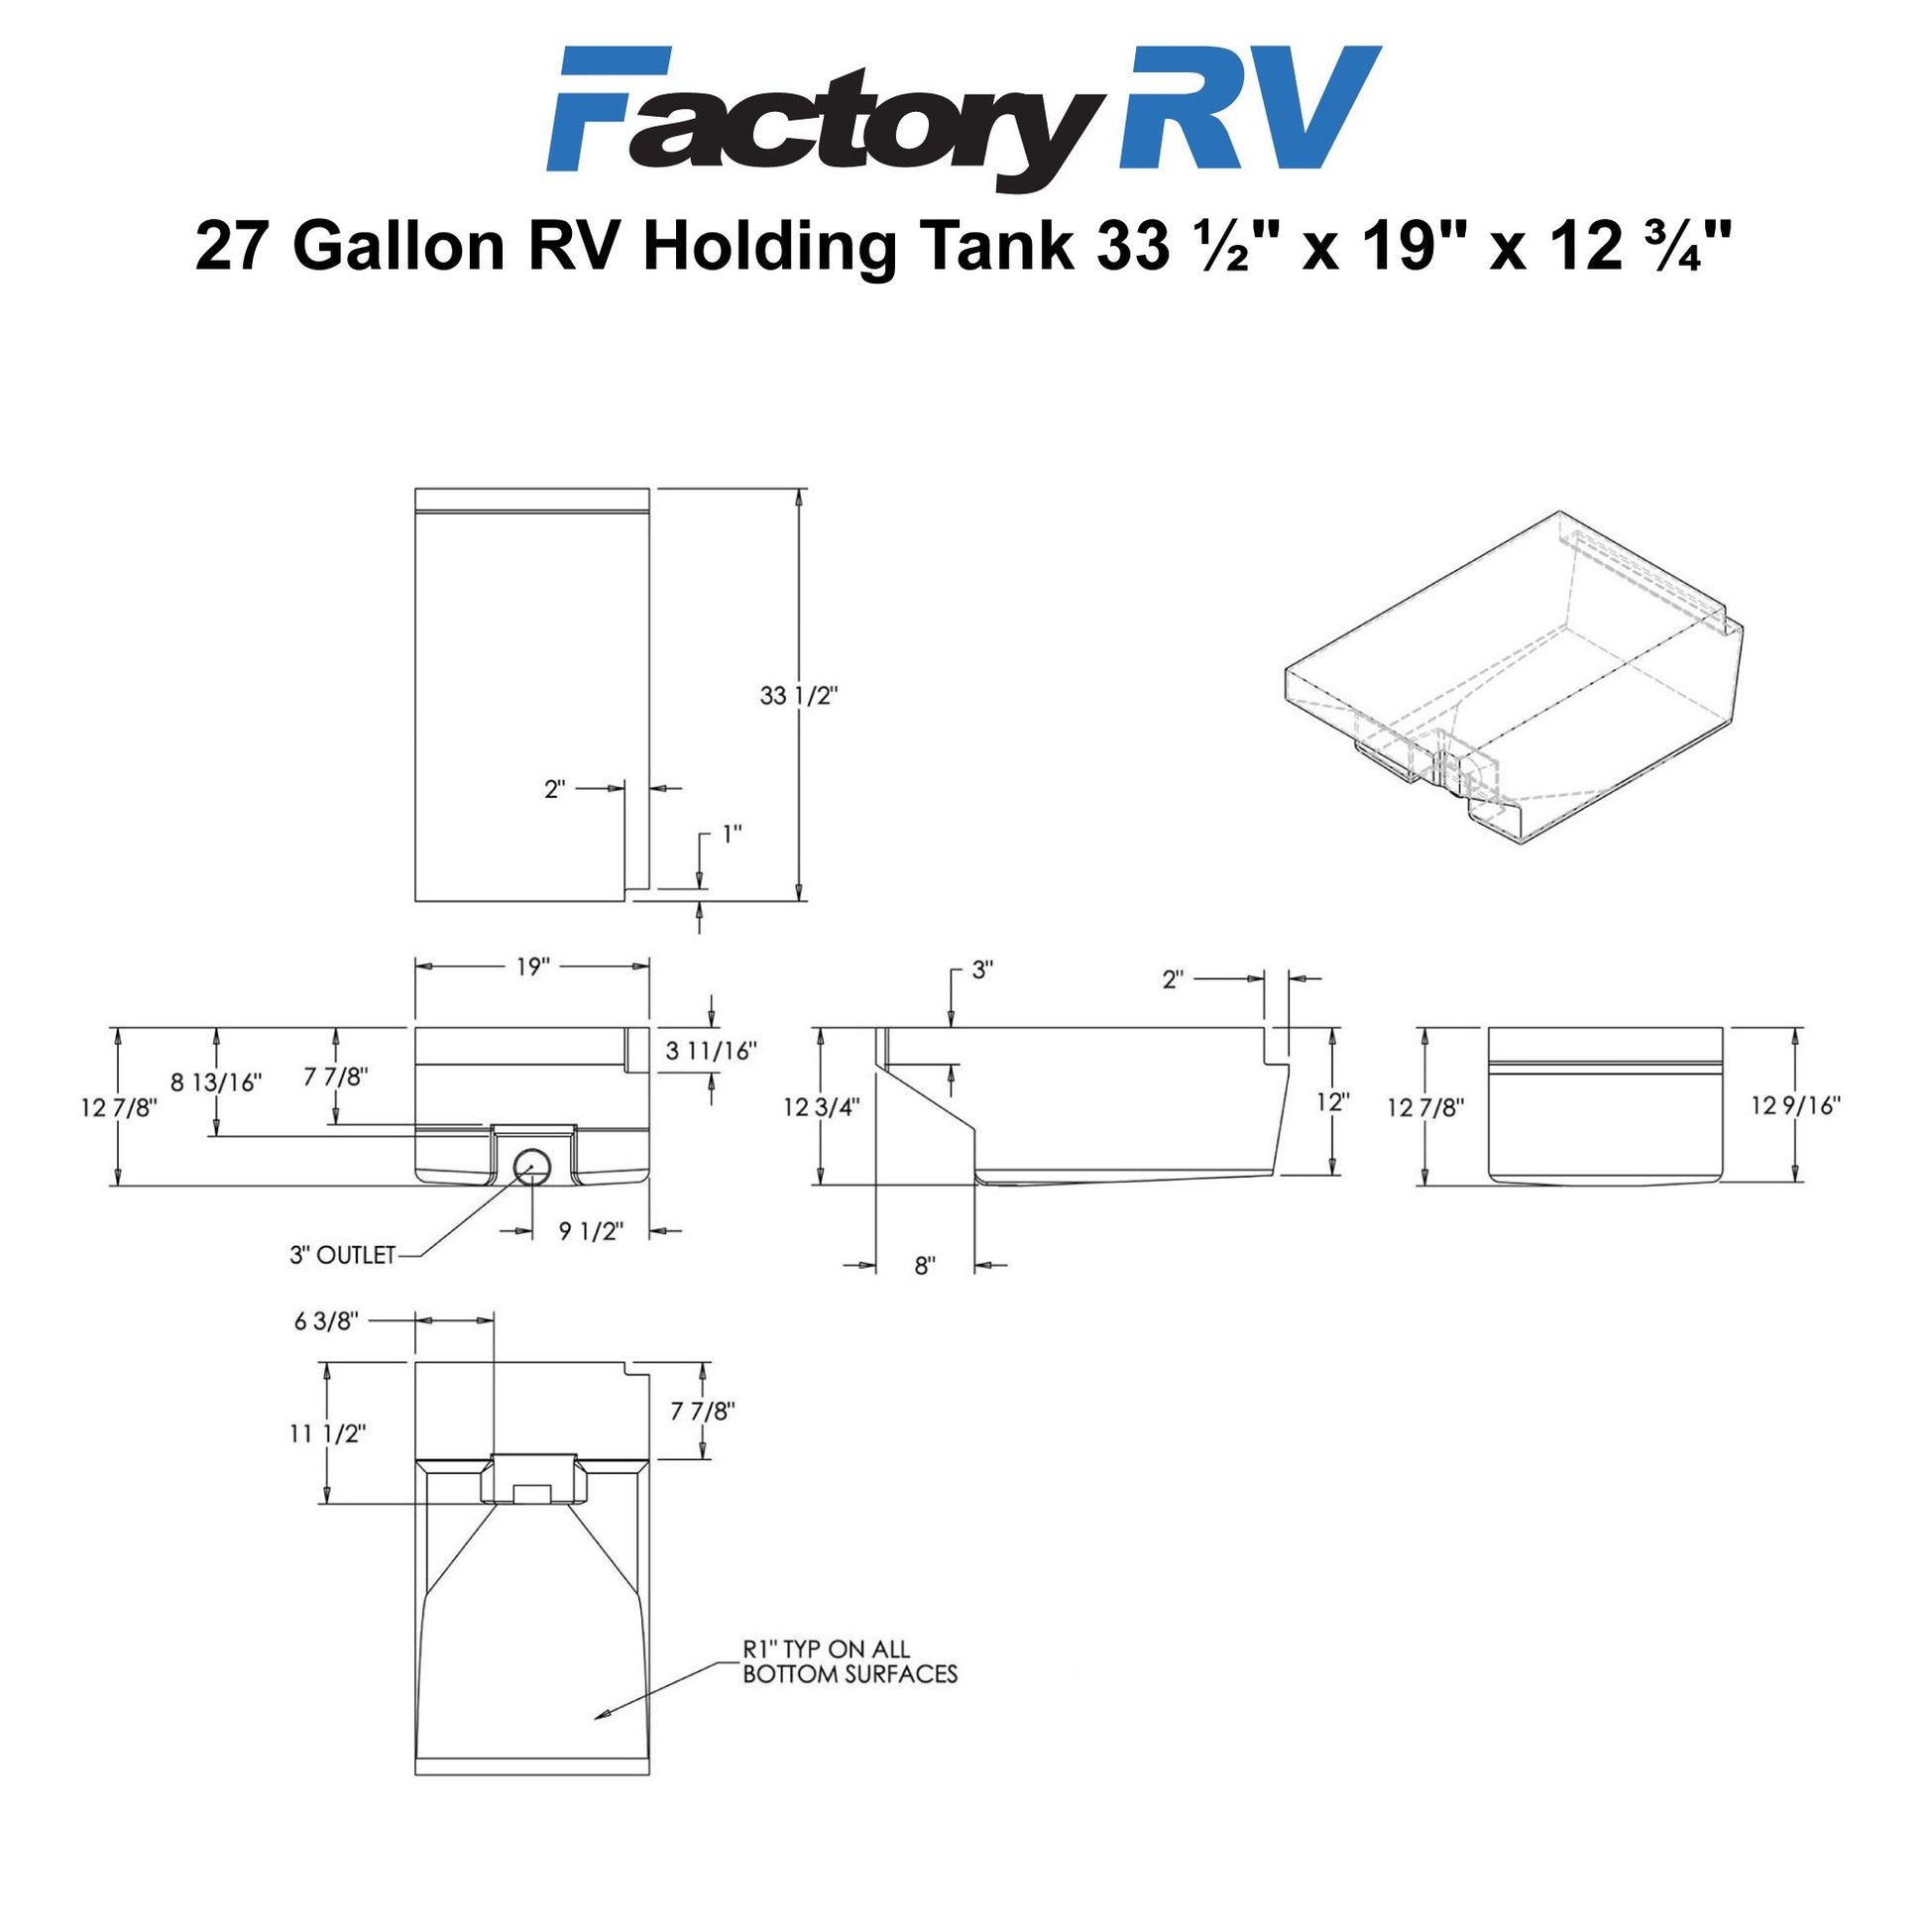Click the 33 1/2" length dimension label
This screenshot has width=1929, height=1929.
tap(798, 696)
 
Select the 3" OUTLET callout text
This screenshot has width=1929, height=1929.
tap(342, 1255)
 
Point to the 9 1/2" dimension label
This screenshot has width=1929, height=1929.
tap(593, 1231)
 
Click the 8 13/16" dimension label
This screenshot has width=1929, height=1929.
tap(216, 1081)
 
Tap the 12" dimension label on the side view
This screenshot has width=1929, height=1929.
tap(1333, 1101)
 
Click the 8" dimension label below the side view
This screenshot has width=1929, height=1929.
tap(925, 1266)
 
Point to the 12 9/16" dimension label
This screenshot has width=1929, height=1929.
tap(1796, 1105)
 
